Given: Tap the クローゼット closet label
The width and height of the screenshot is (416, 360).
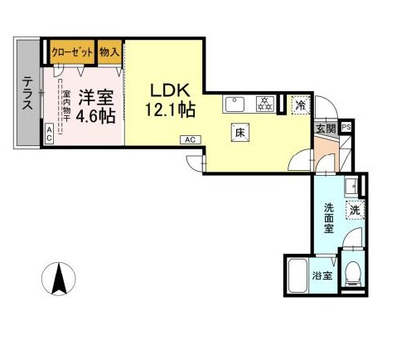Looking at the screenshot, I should click(x=71, y=51).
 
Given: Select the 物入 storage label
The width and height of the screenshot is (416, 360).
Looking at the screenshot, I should click(x=109, y=51).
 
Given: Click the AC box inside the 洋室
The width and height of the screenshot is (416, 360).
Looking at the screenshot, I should click(x=51, y=133).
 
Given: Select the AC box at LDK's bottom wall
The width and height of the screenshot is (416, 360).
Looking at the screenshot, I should click(x=190, y=140).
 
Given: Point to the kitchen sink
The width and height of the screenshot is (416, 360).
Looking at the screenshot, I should click(x=234, y=105).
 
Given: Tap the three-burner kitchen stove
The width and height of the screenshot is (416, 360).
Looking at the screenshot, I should click(x=265, y=105).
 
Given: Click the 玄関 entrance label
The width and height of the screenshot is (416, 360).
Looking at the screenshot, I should click(x=326, y=128).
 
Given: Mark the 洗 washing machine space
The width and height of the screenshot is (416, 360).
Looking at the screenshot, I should click(x=354, y=211).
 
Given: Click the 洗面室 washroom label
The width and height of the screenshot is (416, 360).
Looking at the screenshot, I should click(x=328, y=217).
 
